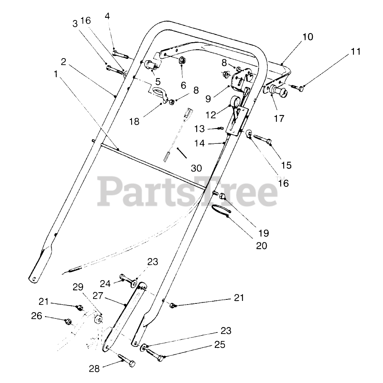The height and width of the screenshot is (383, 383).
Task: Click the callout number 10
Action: (307, 37)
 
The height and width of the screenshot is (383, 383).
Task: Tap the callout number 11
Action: (356, 52)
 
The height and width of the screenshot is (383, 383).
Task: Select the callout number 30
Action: (196, 168)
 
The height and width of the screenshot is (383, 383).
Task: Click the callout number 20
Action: (261, 246)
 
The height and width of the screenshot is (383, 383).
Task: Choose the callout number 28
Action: (94, 369)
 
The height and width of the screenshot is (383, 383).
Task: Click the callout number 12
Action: (210, 115)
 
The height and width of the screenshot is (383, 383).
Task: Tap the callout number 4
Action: (107, 16)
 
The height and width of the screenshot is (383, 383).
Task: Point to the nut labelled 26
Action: (68, 321)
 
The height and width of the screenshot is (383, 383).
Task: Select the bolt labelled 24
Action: (125, 279)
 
